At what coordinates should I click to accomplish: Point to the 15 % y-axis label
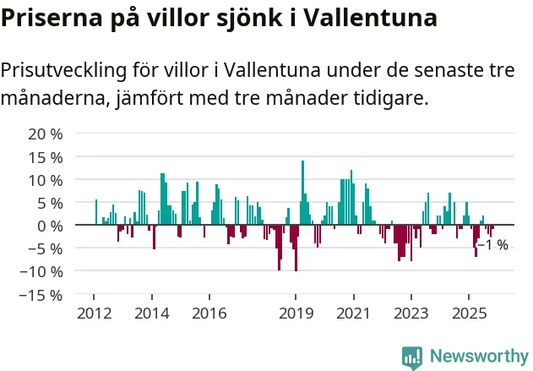[45, 157]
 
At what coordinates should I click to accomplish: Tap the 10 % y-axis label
[45, 180]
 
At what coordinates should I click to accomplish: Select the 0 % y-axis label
[49, 226]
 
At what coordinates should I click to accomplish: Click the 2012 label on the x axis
[94, 313]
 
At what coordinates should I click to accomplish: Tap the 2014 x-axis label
[152, 313]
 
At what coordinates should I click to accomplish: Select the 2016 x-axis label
[209, 313]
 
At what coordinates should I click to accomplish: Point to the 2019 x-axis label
[296, 313]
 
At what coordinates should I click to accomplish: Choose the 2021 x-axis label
[353, 313]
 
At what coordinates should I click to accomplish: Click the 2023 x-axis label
[411, 313]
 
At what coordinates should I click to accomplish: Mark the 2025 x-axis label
[469, 313]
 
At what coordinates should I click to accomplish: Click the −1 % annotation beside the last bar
[493, 245]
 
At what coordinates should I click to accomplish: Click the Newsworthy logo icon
[412, 357]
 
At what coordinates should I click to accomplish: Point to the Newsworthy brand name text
[478, 357]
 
